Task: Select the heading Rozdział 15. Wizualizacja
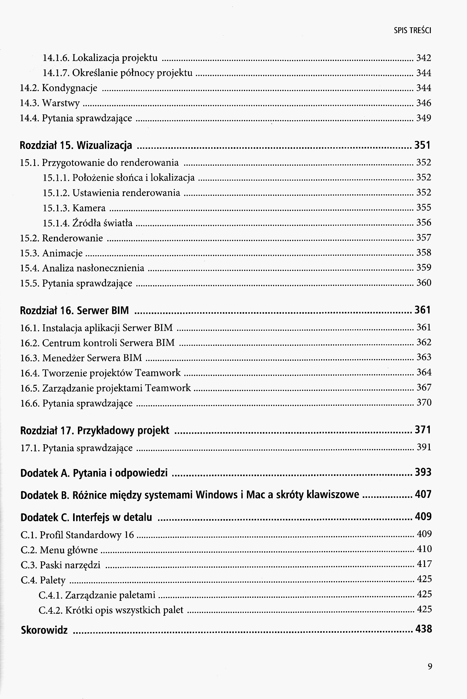point(76,145)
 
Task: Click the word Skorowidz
point(44,630)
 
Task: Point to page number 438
point(423,629)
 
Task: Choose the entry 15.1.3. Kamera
point(74,208)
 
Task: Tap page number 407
point(423,494)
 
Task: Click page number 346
point(423,103)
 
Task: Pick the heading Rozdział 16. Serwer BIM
point(74,310)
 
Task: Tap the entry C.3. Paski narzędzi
point(60,565)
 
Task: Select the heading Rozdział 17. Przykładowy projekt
point(95,430)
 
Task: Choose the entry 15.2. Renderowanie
point(61,238)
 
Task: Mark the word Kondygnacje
point(70,88)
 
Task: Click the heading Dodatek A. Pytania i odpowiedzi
point(94,473)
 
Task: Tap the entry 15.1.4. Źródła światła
point(88,223)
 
